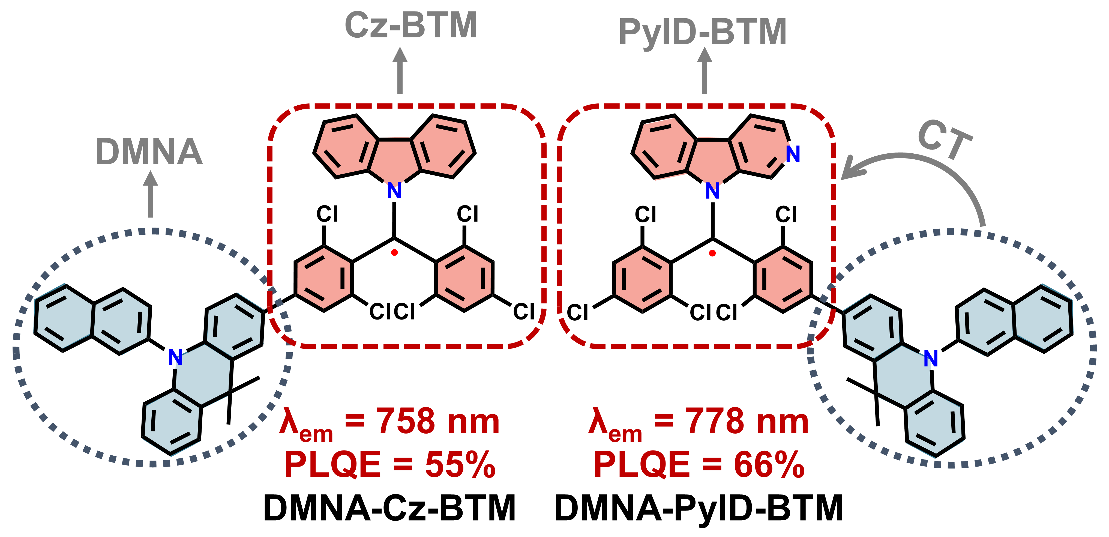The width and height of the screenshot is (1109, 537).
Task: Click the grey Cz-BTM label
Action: click(x=411, y=26)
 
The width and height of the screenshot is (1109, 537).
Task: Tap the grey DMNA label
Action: click(x=149, y=152)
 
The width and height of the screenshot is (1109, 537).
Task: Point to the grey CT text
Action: click(x=945, y=140)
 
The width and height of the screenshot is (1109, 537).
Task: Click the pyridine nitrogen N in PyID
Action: click(x=793, y=154)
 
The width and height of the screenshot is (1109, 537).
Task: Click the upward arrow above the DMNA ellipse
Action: click(x=150, y=194)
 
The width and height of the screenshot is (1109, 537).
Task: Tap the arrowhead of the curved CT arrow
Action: click(x=850, y=171)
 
